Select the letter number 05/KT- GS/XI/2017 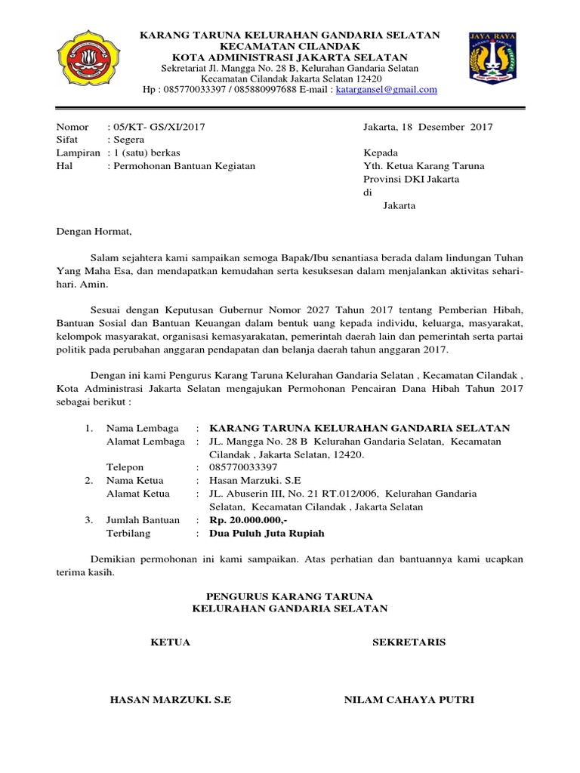[157, 127]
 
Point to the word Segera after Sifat [132, 140]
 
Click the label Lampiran [78, 152]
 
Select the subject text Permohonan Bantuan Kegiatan [184, 165]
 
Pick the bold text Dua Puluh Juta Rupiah [267, 533]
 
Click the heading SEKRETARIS [409, 642]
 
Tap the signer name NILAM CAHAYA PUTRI [409, 700]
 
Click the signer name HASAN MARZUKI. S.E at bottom [170, 700]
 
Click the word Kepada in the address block [380, 152]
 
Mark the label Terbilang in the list [128, 533]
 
